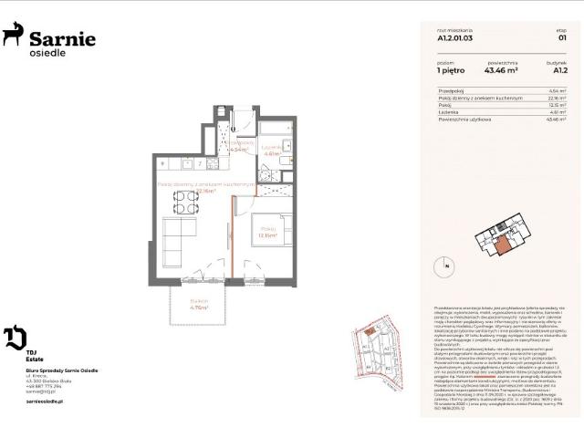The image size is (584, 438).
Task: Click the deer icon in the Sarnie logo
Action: tap(13, 35)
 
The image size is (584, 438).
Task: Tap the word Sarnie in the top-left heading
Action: tap(62, 38)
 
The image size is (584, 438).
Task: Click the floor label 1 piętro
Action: tap(452, 69)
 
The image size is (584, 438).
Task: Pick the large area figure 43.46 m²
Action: tap(502, 69)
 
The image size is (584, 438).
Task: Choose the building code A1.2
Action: tap(560, 69)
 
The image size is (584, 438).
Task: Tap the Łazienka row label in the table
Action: tap(450, 111)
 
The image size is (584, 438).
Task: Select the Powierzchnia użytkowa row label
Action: tap(465, 119)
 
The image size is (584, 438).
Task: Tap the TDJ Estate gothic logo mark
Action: tap(15, 339)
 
